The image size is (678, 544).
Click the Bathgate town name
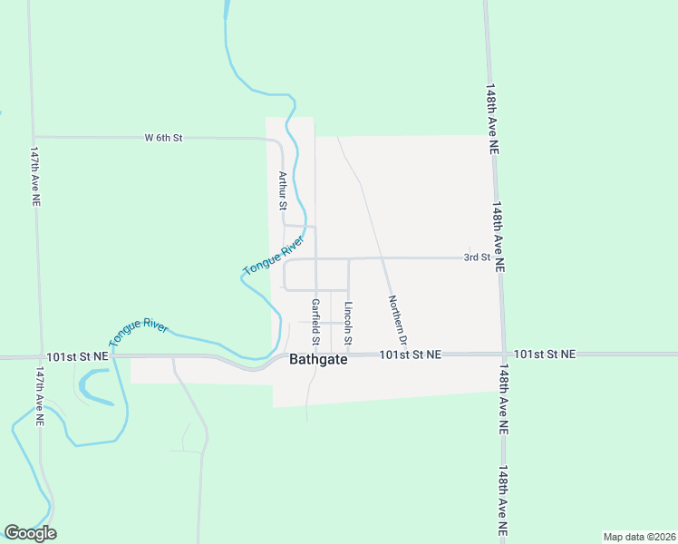(x=317, y=360)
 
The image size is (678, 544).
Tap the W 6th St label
(x=163, y=138)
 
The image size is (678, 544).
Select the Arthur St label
(x=283, y=191)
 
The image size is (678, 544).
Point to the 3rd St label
(x=477, y=257)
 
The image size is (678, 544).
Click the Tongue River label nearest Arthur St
(x=271, y=257)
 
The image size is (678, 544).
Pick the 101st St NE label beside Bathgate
(x=410, y=355)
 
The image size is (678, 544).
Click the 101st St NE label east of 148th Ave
(x=544, y=355)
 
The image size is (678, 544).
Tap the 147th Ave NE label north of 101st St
(x=34, y=178)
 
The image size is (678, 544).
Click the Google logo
(x=30, y=533)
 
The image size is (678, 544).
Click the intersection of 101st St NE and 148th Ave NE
(x=504, y=354)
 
